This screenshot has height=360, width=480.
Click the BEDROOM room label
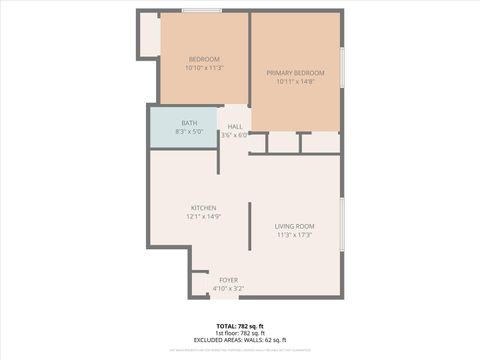[204, 59]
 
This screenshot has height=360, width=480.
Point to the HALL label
[235, 127]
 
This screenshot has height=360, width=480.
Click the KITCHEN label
[203, 207]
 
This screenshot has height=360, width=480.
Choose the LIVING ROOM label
[294, 226]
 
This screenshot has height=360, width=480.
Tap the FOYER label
[229, 279]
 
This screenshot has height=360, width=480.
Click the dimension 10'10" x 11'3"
[204, 68]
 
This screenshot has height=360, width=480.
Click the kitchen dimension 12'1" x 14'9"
[203, 216]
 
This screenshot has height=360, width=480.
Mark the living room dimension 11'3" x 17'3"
[294, 235]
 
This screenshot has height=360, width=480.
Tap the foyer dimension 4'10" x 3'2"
[229, 288]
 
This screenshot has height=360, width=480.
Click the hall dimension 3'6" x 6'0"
[235, 135]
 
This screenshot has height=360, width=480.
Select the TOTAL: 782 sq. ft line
[240, 326]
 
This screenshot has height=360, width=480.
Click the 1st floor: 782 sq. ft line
[240, 333]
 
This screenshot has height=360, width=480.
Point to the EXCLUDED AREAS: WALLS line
[240, 340]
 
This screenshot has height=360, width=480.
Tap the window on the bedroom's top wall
[202, 11]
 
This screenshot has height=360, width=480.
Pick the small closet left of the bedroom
[148, 35]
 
